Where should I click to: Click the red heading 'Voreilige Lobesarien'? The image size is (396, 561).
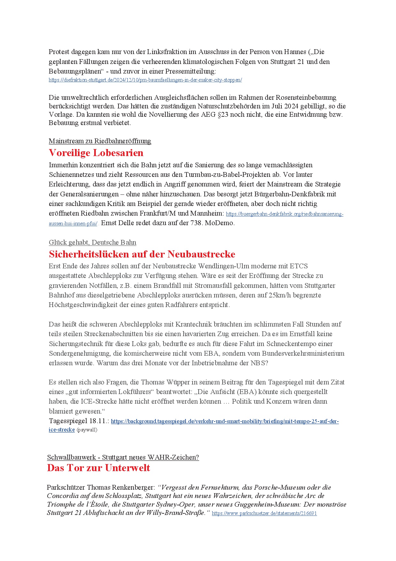pos(96,153)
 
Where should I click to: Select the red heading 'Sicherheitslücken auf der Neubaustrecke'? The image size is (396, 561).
pos(142,254)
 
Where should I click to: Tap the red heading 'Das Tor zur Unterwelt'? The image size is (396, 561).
pos(98,468)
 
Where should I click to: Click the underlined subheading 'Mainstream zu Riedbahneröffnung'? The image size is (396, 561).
pos(100,141)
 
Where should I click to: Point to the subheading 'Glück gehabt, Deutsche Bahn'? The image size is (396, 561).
pos(93,242)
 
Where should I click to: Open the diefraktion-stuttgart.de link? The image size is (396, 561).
pos(145,80)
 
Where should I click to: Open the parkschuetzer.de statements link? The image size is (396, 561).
pos(264,513)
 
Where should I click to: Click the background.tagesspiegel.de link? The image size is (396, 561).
pos(225,422)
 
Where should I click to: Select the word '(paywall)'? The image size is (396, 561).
pos(87,430)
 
